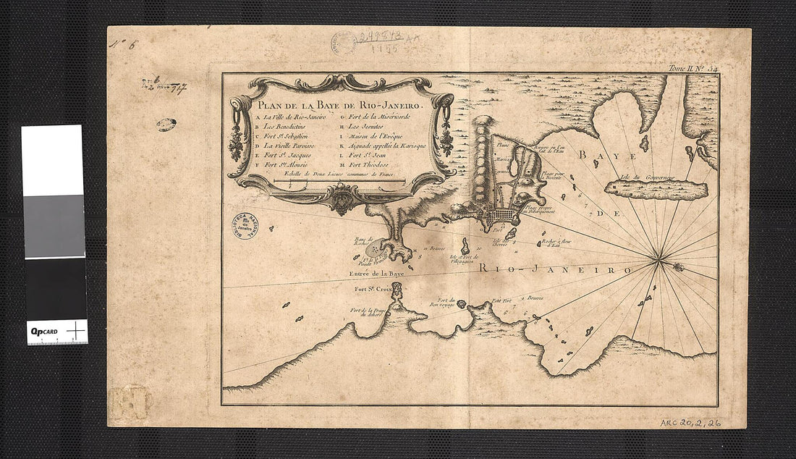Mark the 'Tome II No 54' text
692,68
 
